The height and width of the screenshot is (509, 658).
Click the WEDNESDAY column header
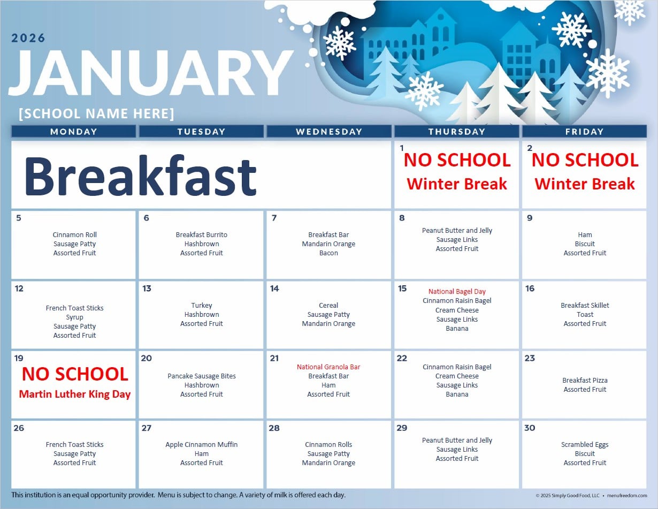329,132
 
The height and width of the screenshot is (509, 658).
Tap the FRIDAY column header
584,132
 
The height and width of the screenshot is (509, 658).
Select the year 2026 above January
28,38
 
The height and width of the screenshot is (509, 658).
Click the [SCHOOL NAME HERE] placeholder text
97,113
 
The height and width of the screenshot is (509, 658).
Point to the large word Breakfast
141,176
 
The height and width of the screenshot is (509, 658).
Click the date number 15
402,288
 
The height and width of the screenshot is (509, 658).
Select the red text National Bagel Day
457,292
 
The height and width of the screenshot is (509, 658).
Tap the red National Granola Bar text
328,367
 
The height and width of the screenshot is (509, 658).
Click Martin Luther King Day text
75,394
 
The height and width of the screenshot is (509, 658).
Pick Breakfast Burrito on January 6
201,235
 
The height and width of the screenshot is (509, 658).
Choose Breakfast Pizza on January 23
585,380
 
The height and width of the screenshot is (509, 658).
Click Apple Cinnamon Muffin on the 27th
201,444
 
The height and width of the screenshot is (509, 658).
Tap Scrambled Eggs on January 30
585,445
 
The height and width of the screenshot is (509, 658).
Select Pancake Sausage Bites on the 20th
201,376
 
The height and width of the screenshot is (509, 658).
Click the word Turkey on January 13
201,306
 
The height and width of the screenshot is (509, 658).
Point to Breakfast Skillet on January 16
585,306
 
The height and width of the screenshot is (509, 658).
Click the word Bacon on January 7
328,253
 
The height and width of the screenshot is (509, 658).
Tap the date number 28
274,428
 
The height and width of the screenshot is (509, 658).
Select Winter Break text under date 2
584,184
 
